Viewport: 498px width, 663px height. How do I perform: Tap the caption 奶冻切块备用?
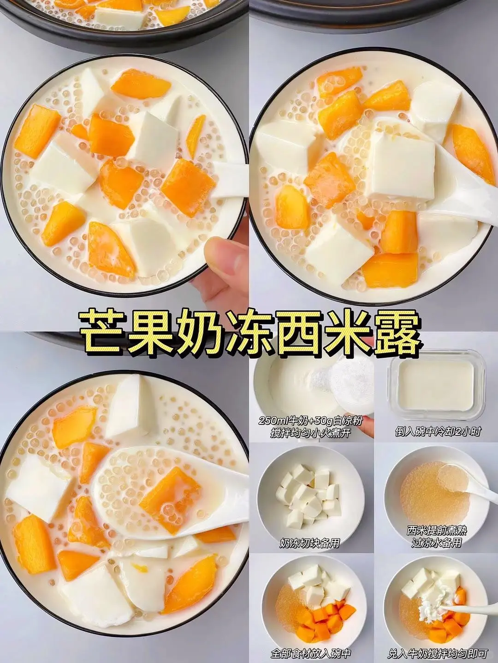click(309, 543)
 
